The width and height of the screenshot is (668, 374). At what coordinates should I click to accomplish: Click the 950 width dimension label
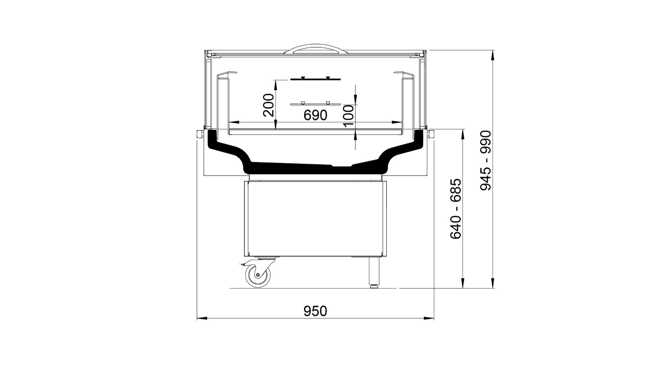click(x=315, y=311)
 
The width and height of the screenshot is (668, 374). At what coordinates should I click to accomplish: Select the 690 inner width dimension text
click(x=315, y=115)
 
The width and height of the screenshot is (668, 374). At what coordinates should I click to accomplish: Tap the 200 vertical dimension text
click(x=269, y=105)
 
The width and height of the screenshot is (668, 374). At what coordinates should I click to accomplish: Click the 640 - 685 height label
click(x=456, y=209)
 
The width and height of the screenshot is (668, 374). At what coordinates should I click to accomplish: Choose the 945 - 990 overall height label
click(x=486, y=160)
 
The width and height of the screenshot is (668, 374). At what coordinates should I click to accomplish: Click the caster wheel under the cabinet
click(x=258, y=276)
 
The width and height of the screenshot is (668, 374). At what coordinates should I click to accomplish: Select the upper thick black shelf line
click(x=315, y=79)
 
